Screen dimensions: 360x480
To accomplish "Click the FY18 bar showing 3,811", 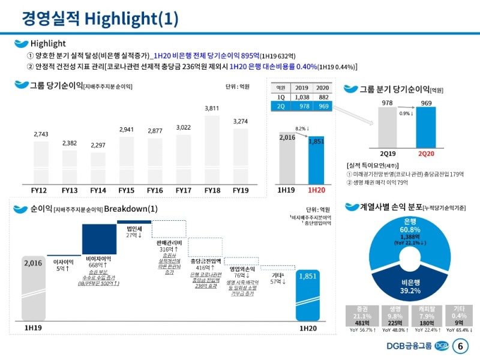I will coord(212,150).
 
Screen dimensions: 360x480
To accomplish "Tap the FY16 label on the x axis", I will coord(155,190).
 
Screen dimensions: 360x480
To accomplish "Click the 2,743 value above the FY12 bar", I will coord(41,134).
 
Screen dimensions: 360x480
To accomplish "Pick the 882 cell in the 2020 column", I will coord(323,96).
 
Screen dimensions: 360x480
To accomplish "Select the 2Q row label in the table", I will coord(281,106).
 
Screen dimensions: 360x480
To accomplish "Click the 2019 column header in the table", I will coord(302,87).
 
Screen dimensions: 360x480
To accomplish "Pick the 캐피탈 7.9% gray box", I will coord(427,316).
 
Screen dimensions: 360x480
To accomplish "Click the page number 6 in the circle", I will coord(461,346).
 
